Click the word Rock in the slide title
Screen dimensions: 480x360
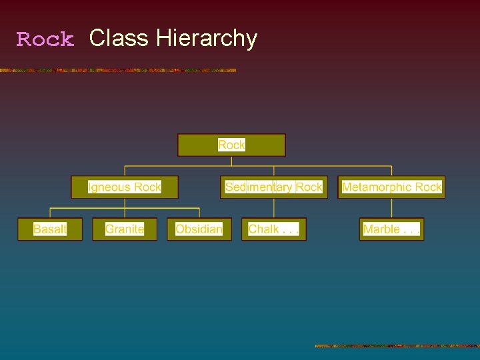[45, 39]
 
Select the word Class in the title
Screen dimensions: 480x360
[119, 38]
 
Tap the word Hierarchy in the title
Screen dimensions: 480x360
[207, 39]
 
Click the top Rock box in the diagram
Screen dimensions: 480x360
[231, 145]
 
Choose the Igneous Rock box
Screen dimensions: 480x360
[125, 187]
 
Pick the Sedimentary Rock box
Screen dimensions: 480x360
[274, 187]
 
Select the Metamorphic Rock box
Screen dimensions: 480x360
[391, 187]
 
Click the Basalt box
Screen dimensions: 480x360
[50, 229]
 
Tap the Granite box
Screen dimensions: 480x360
[125, 229]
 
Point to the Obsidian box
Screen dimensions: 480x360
[199, 229]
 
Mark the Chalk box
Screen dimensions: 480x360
[274, 229]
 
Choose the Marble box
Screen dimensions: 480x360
[391, 229]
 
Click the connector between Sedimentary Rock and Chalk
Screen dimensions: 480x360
[274, 208]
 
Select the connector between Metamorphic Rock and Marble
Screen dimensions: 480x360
[391, 208]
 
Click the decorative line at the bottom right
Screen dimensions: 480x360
[397, 346]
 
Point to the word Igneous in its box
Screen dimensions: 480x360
[106, 187]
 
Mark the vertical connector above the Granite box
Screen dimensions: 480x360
[125, 213]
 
